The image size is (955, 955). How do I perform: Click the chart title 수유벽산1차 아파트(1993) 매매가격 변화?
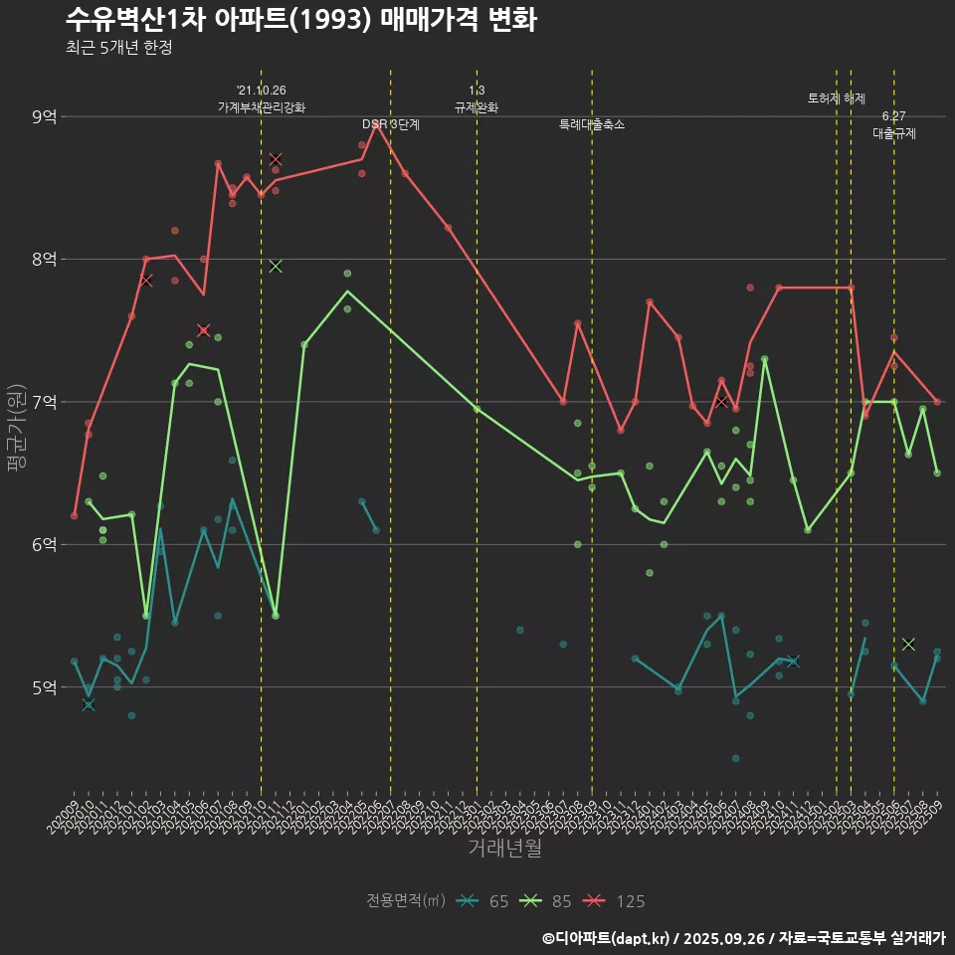(x=300, y=20)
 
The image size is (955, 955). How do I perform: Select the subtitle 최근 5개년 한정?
(x=118, y=48)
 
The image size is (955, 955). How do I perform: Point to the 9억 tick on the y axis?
(x=44, y=116)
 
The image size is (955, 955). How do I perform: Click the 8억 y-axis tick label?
(x=44, y=259)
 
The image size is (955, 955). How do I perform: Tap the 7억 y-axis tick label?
(x=44, y=402)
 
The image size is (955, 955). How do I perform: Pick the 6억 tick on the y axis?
(x=44, y=544)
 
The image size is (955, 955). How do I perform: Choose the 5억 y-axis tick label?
(x=44, y=687)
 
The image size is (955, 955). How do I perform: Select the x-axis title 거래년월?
(x=504, y=849)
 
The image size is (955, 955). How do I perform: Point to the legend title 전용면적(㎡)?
(x=406, y=901)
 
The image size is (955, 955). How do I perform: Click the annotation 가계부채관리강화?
(x=262, y=107)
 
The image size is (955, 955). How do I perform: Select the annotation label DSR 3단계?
(x=391, y=124)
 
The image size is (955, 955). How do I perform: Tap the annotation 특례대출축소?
(x=592, y=124)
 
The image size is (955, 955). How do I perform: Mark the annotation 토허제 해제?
(x=837, y=98)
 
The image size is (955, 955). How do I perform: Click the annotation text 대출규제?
(x=894, y=132)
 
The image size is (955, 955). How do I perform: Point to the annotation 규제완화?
(x=477, y=107)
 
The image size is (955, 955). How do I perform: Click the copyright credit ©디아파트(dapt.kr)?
(x=608, y=937)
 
